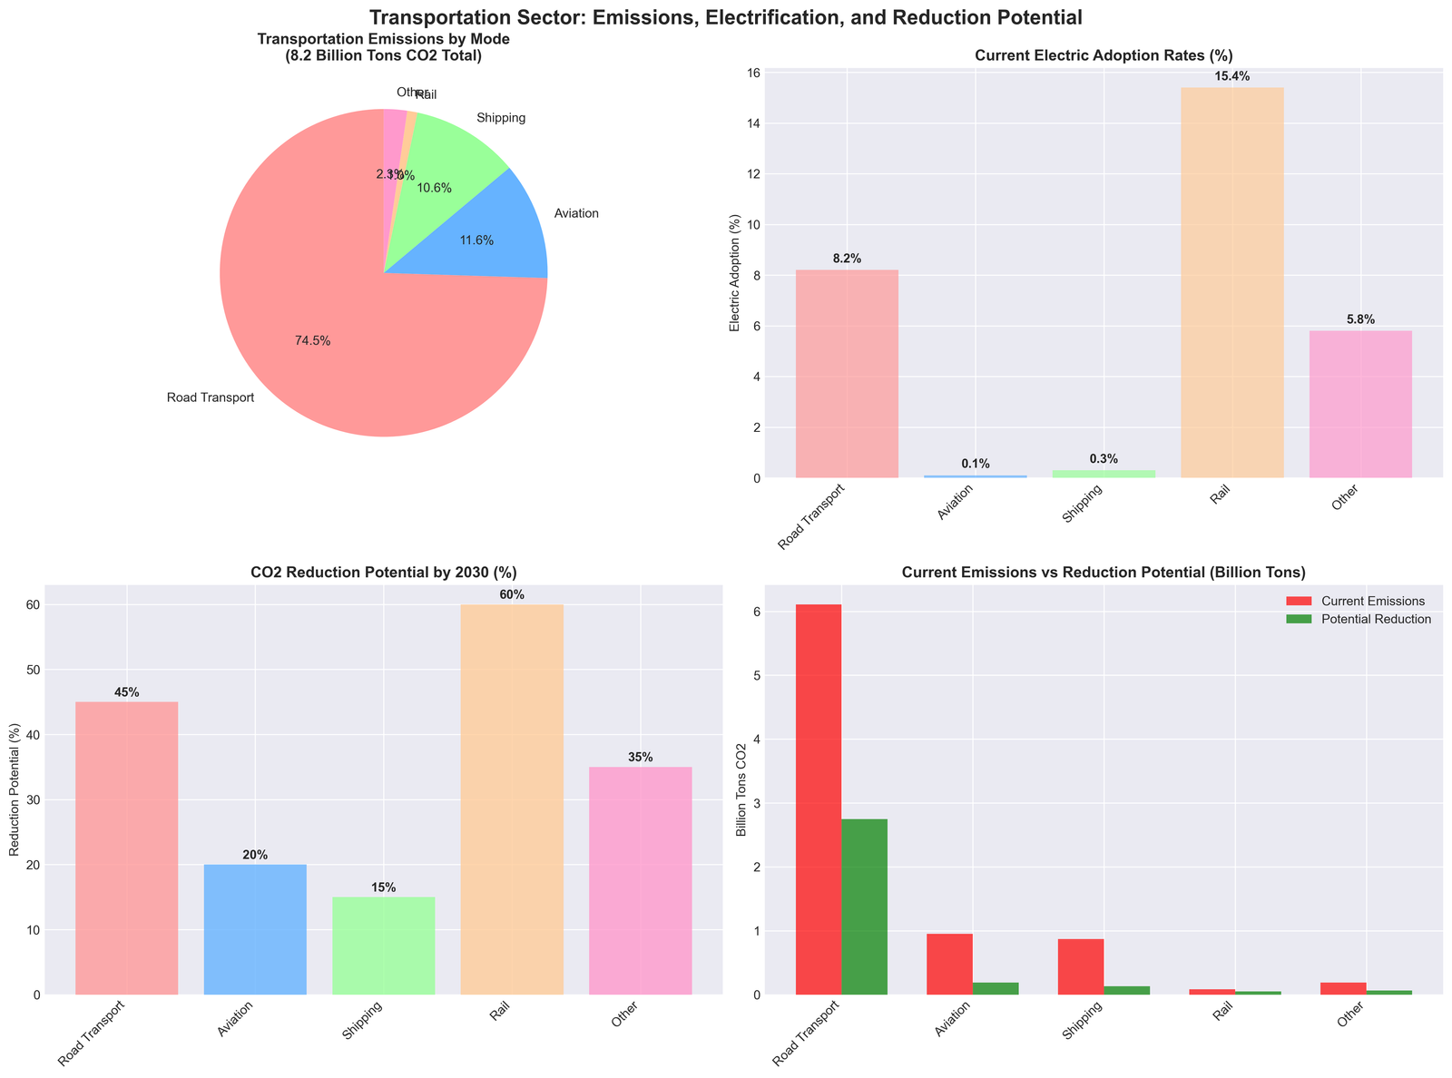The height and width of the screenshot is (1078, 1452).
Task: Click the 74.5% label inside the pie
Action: pyautogui.click(x=312, y=341)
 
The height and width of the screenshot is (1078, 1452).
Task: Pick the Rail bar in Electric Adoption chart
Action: pyautogui.click(x=1231, y=282)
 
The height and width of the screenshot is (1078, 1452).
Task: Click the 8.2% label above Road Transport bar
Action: pyautogui.click(x=846, y=259)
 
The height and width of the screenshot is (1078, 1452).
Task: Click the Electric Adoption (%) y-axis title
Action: pyautogui.click(x=735, y=273)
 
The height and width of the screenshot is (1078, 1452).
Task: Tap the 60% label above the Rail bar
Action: pyautogui.click(x=511, y=594)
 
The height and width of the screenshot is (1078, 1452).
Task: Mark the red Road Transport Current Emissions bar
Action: pyautogui.click(x=819, y=799)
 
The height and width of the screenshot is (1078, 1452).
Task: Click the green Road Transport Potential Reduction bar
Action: pyautogui.click(x=864, y=906)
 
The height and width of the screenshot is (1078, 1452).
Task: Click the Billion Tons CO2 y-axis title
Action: pyautogui.click(x=742, y=789)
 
